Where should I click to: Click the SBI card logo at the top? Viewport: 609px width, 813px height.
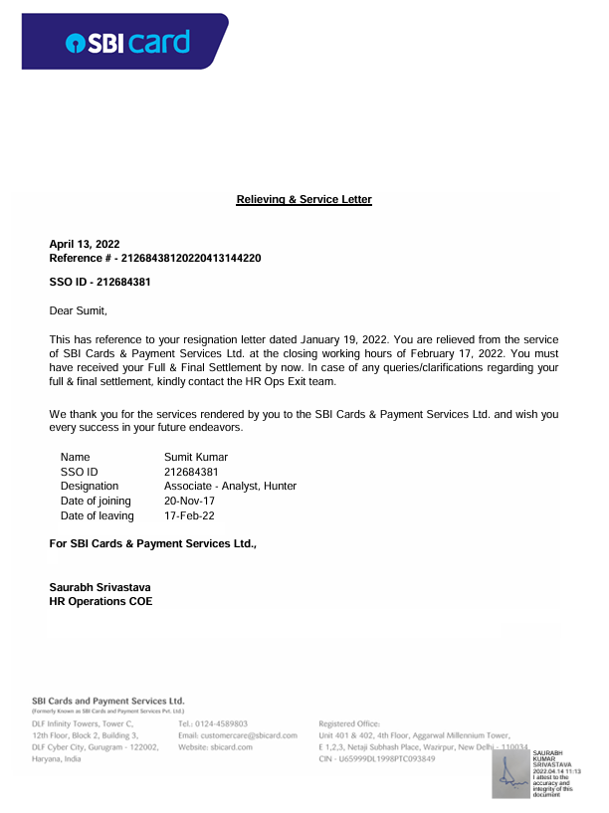127,42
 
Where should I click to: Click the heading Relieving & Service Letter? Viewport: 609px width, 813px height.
304,200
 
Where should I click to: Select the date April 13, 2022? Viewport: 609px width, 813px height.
85,244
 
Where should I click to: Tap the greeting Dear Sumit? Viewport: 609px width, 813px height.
78,310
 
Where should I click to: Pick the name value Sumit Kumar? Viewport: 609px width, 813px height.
196,457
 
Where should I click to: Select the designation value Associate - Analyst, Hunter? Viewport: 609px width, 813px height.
230,486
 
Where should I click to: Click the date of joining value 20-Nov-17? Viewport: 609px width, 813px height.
189,502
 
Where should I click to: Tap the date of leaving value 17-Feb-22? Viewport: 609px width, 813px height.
189,516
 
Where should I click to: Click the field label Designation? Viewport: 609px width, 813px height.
90,486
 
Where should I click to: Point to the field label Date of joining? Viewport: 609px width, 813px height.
96,502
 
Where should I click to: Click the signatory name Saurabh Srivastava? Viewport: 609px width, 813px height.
101,588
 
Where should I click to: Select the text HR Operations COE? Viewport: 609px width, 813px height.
101,602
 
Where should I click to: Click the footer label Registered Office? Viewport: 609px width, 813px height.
348,723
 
